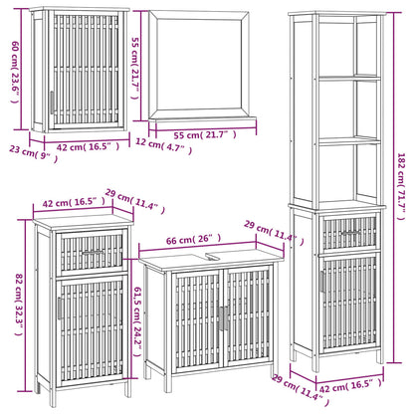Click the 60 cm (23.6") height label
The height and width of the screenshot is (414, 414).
pos(12,69)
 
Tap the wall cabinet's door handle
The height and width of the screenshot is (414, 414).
pos(51,103)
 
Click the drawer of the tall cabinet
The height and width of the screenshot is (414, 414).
pos(348,232)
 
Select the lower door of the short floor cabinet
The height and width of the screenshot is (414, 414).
pos(92,327)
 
